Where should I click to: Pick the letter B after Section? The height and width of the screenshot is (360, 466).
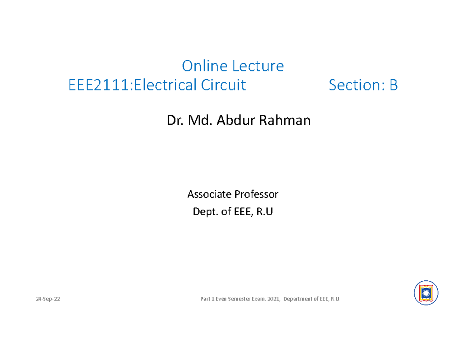(x=393, y=85)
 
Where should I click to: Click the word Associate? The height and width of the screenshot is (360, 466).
(x=208, y=194)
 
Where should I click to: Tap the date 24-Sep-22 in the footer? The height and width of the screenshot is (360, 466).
(x=48, y=299)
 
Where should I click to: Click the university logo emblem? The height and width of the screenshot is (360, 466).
(x=426, y=292)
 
